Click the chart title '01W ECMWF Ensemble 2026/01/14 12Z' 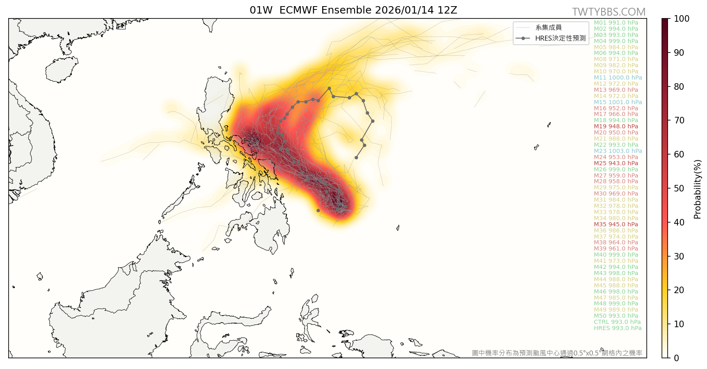[353, 10]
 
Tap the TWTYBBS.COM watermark [609, 12]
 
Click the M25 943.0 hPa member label [616, 163]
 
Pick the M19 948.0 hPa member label [616, 126]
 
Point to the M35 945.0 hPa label [616, 224]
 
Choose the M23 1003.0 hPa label [618, 151]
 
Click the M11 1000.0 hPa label [618, 77]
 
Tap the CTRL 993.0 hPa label [617, 322]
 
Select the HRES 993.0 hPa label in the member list [618, 328]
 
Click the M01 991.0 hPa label [616, 23]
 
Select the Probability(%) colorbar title [698, 189]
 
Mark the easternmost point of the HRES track [373, 121]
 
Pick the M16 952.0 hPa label [616, 108]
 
